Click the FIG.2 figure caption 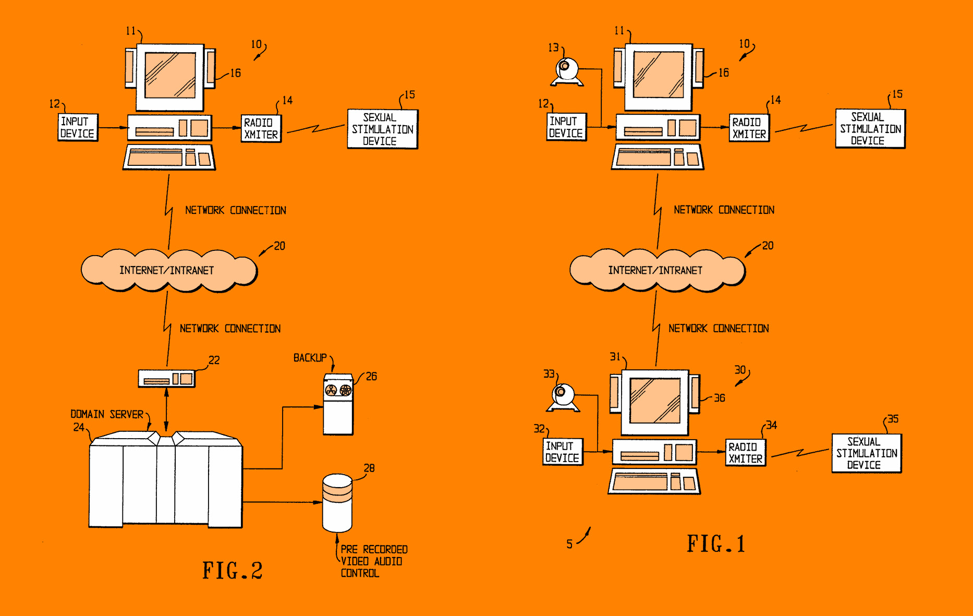(233, 571)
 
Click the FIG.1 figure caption (716, 544)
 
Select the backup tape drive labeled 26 (338, 404)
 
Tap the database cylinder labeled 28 (337, 502)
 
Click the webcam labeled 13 (567, 72)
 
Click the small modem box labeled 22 (166, 378)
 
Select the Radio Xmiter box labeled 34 (746, 453)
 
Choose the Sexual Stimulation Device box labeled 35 (866, 453)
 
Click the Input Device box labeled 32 (562, 452)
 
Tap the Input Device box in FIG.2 (77, 127)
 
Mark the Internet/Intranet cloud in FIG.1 (656, 270)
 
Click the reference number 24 (79, 427)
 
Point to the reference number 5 (569, 544)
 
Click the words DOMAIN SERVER (107, 414)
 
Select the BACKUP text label (310, 358)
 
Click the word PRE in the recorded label (349, 549)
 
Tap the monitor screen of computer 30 (655, 401)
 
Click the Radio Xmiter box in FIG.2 (261, 128)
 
